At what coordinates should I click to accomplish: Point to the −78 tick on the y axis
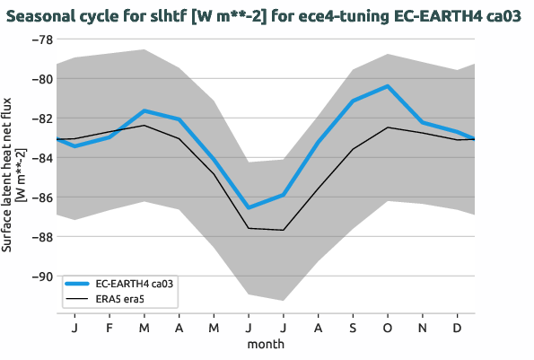point(40,40)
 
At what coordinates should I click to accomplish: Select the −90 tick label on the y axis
point(40,277)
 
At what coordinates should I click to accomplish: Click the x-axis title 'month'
point(267,344)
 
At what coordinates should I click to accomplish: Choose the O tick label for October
point(387,328)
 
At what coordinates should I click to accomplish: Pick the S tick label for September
point(353,328)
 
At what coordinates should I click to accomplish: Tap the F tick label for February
point(109,328)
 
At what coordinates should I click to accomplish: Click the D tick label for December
point(457,328)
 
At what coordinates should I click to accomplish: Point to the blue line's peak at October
point(387,86)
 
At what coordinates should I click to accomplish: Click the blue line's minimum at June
point(249,207)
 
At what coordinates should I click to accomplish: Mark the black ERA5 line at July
point(283,230)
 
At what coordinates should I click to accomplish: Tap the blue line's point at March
point(144,110)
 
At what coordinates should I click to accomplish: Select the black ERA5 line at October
point(387,127)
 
